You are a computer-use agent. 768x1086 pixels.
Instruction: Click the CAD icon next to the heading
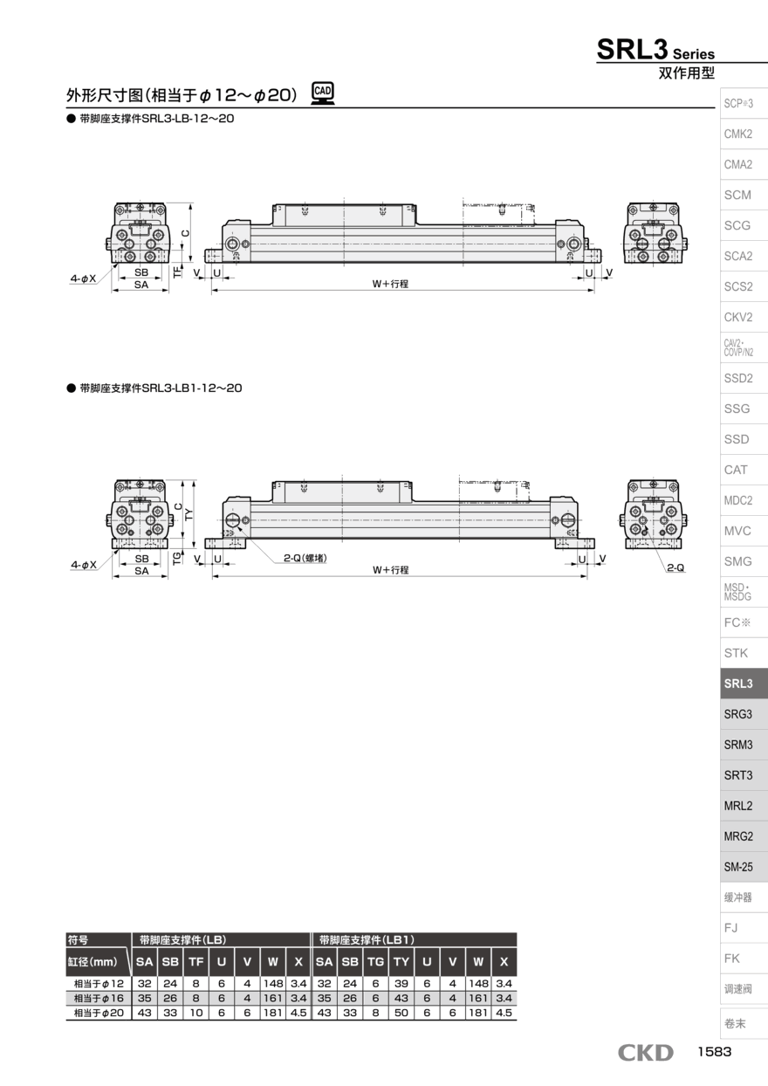coord(323,93)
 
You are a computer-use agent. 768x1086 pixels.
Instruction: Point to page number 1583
coord(714,1053)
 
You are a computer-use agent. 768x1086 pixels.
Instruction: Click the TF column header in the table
coord(196,962)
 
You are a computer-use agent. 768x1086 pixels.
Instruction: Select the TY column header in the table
coord(401,962)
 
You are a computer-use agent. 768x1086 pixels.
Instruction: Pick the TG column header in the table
coord(375,962)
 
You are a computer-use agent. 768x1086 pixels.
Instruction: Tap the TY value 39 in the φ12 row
coord(401,984)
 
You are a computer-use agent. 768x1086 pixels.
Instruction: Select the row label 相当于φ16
coord(98,999)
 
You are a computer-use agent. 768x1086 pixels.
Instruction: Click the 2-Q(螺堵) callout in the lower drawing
coord(305,558)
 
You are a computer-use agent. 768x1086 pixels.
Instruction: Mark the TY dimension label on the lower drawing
coord(189,515)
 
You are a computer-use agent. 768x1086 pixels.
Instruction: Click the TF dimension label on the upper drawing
coord(178,272)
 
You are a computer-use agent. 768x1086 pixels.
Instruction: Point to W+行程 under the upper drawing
coord(390,285)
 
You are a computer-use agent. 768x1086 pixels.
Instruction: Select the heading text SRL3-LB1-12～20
coord(160,388)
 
